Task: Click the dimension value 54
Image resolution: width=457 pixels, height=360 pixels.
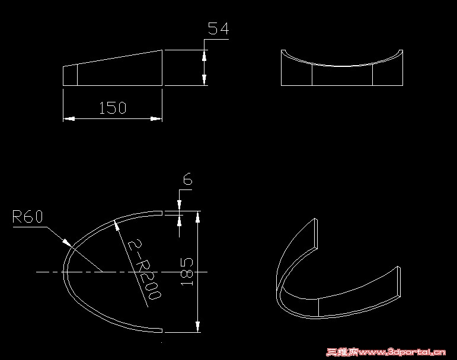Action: point(218,29)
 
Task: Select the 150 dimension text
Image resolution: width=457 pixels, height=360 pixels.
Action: point(113,108)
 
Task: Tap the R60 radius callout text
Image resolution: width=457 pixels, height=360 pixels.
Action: point(28,217)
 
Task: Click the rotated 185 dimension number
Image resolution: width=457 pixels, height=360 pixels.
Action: point(187,271)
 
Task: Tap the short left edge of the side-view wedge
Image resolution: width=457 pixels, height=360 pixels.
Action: point(63,76)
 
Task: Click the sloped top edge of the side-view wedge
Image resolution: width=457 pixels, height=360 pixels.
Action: point(113,58)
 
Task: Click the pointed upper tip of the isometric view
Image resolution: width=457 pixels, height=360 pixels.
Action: point(316,220)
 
